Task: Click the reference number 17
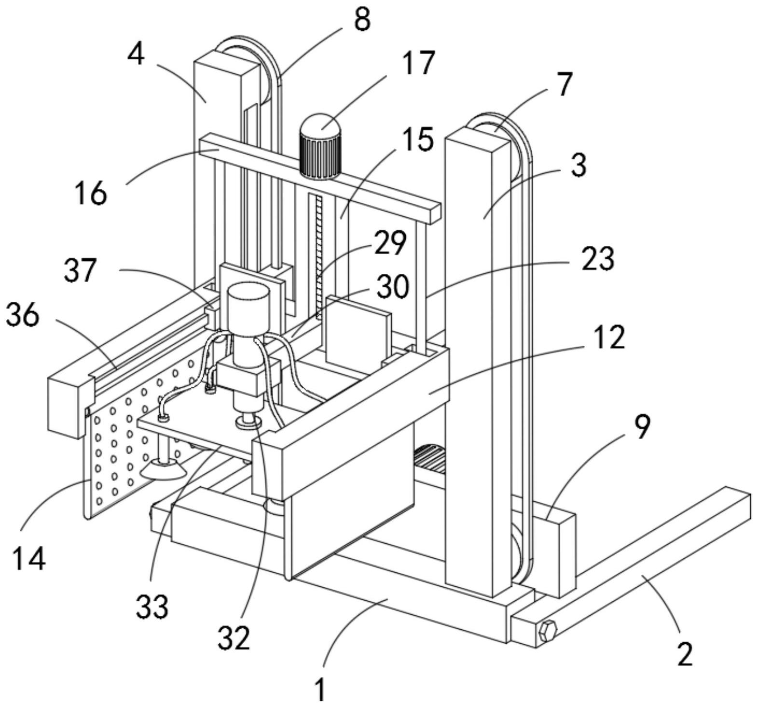tap(419, 63)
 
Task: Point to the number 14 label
tap(29, 559)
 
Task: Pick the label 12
tap(610, 337)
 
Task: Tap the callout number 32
tap(234, 637)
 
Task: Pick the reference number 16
tap(90, 193)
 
